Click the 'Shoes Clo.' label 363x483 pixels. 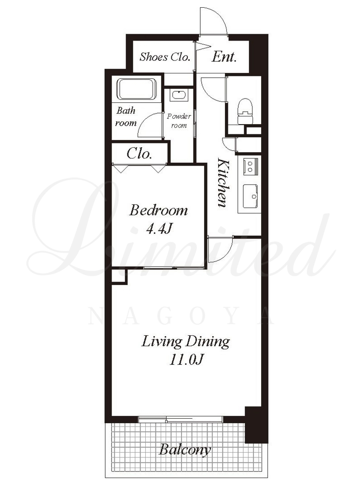coord(164,57)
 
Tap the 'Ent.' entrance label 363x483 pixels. coord(224,57)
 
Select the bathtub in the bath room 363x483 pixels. coord(137,89)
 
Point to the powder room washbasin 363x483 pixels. coord(179,95)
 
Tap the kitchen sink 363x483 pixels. coord(251,196)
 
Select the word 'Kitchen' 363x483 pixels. coord(223,183)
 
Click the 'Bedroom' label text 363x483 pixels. coord(158,211)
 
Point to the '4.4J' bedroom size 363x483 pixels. coord(158,229)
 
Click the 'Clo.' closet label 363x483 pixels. coord(139,153)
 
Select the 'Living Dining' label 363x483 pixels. coord(186,341)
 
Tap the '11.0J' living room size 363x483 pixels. coord(186,360)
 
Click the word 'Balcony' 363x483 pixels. coord(185,450)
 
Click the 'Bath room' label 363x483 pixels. coord(126,117)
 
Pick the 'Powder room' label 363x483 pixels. coord(179,121)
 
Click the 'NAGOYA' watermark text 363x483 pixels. coord(181,316)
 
